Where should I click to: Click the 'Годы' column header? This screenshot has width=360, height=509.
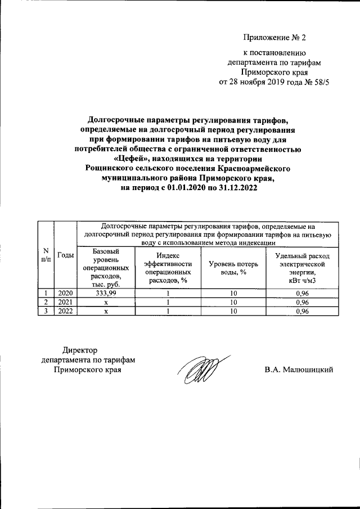[66, 255]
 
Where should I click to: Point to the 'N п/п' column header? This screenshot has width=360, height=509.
[45, 255]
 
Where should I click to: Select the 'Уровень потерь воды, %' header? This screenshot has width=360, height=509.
[233, 268]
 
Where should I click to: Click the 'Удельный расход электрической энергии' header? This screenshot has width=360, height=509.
[302, 268]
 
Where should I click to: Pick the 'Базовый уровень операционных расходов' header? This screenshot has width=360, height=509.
[105, 268]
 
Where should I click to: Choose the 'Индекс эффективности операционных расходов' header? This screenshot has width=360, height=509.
[168, 268]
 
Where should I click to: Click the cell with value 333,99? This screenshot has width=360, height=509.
[105, 293]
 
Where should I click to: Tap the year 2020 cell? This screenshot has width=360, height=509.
[66, 293]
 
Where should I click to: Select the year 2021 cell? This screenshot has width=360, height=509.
[66, 302]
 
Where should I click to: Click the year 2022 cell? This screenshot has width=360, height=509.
[66, 311]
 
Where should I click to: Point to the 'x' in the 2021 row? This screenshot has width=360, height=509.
[105, 302]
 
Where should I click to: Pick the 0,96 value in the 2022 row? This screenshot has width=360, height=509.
[302, 311]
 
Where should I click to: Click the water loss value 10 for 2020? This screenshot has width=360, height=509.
[233, 293]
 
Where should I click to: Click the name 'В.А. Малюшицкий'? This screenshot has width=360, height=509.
[300, 370]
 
